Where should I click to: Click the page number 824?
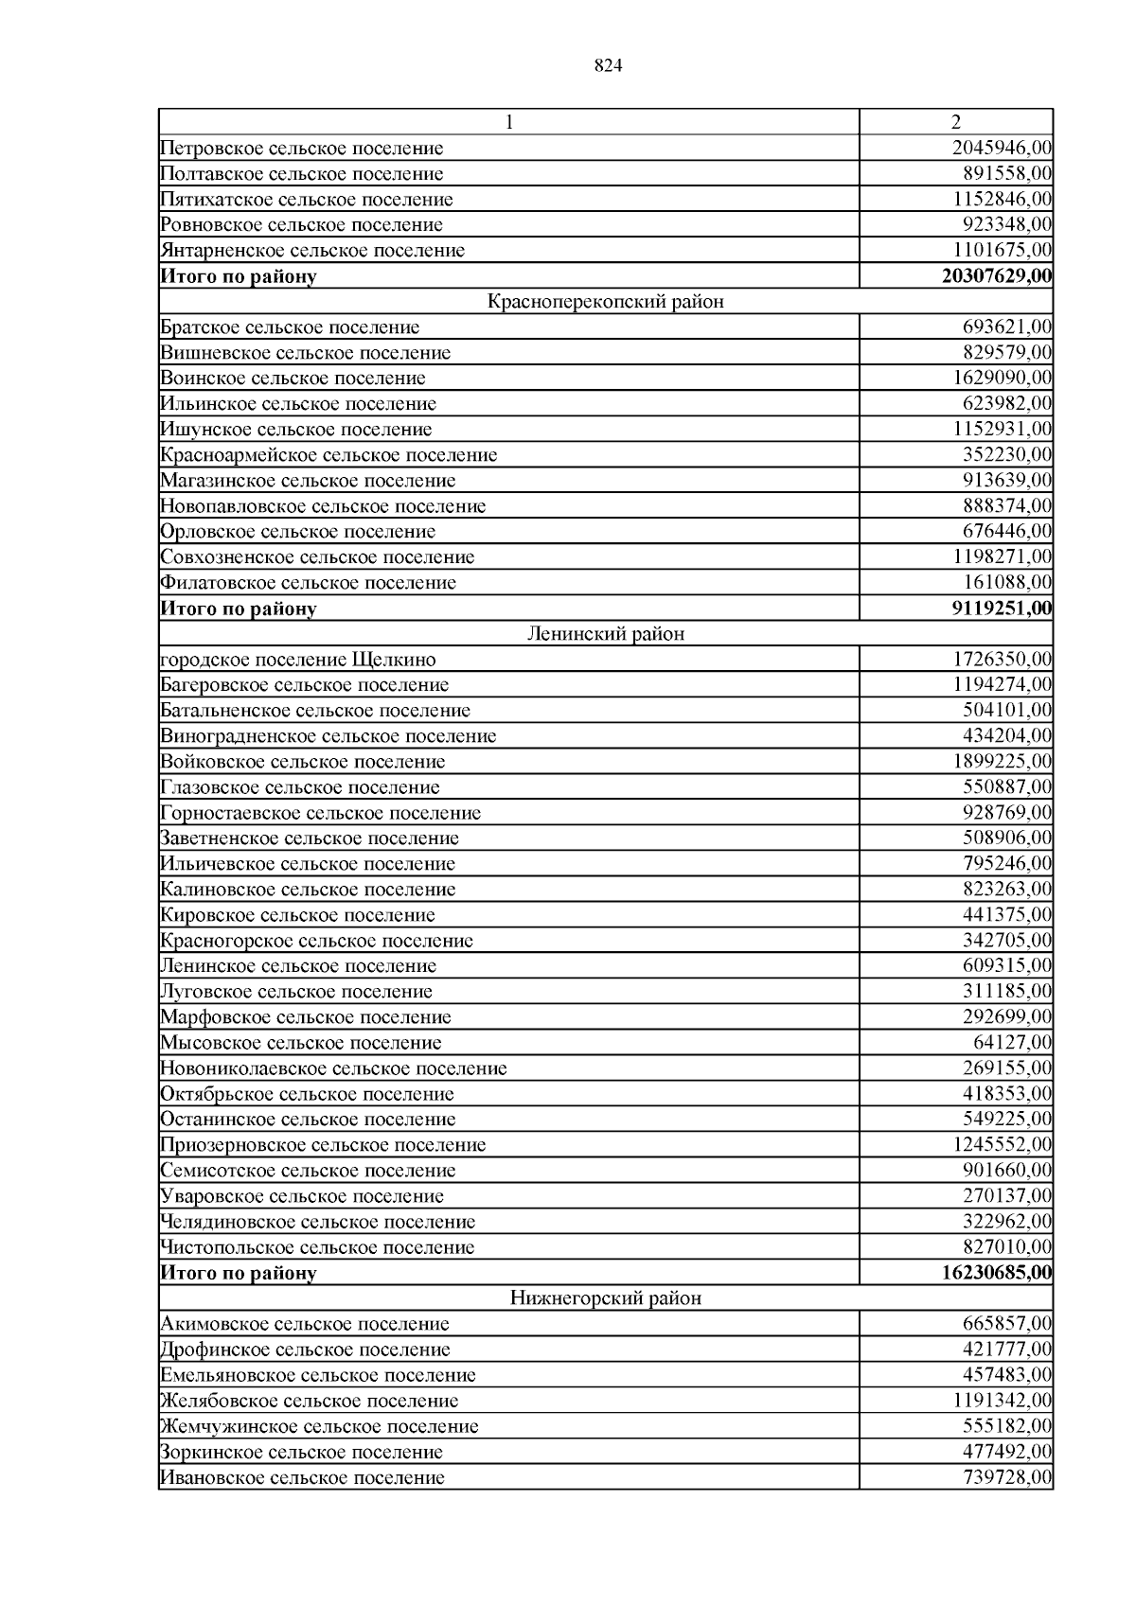click(608, 66)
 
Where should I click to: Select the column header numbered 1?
click(509, 122)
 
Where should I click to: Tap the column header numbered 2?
click(956, 122)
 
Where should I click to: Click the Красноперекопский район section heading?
click(605, 302)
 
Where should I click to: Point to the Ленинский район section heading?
click(605, 634)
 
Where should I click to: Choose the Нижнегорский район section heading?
click(605, 1297)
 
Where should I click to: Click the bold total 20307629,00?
click(997, 276)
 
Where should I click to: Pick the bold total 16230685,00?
click(997, 1273)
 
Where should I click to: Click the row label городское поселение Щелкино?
click(298, 660)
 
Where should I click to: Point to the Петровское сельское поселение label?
click(302, 149)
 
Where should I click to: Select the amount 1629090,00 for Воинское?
click(1002, 379)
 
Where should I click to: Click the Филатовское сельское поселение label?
click(308, 583)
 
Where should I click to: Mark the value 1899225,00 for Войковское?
click(1002, 762)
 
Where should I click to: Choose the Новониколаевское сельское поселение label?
click(333, 1068)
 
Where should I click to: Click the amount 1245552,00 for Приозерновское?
click(1002, 1145)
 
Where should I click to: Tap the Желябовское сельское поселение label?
click(309, 1401)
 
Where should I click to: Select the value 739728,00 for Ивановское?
click(1007, 1477)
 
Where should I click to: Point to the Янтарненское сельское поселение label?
click(312, 251)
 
